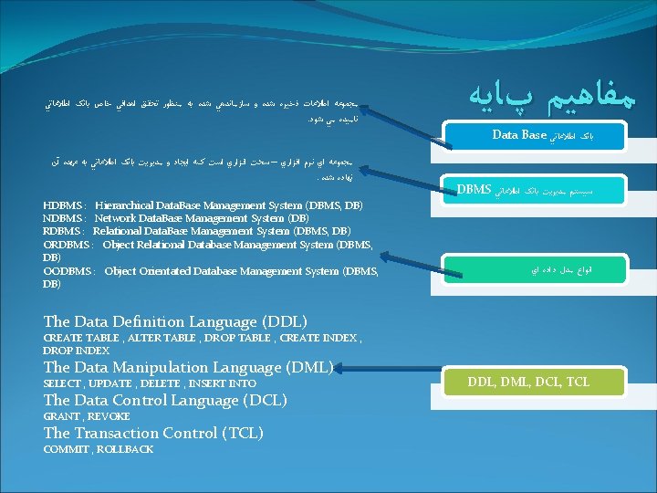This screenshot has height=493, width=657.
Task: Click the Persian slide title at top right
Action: click(556, 94)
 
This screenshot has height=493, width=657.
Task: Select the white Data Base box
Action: click(547, 135)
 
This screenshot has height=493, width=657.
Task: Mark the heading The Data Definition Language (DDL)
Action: click(175, 321)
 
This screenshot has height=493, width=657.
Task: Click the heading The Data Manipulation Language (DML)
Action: click(188, 367)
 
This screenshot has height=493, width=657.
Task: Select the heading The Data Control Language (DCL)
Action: click(165, 400)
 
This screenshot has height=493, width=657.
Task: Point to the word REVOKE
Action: click(109, 416)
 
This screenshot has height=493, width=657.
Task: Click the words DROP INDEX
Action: click(76, 351)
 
